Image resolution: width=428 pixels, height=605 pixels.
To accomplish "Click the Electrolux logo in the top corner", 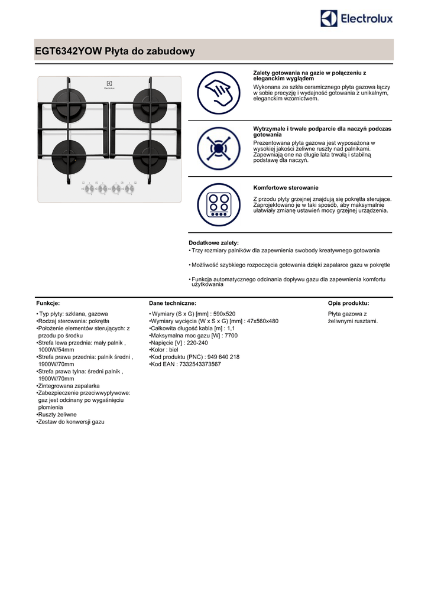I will tap(356, 19).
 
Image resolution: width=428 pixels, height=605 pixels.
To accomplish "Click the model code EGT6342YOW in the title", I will tap(68, 52).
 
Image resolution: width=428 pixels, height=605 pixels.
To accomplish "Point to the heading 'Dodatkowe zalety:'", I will tap(213, 243).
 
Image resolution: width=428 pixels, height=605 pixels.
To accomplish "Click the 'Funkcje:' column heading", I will tap(48, 303).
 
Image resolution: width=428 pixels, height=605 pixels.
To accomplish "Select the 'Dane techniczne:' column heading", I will tap(172, 303).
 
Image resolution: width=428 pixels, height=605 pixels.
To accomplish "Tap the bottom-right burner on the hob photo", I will tap(144, 154).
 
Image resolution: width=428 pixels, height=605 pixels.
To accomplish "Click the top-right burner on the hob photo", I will tap(144, 99).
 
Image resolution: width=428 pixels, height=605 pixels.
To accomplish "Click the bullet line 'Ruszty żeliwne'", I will tap(56, 415).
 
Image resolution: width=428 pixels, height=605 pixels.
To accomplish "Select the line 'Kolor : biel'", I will tap(164, 350).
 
